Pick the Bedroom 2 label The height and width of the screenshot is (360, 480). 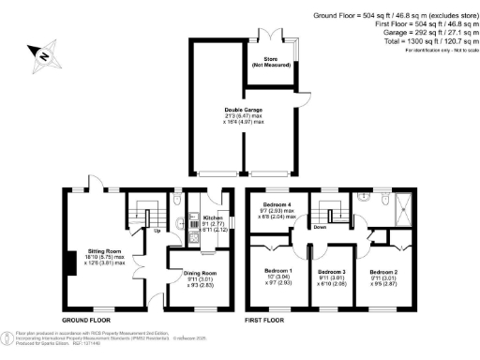(383, 273)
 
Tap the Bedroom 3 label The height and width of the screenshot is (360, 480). (332, 273)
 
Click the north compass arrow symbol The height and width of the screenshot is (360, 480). (40, 57)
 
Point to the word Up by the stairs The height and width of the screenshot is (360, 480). (157, 229)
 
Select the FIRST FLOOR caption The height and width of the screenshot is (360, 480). (265, 321)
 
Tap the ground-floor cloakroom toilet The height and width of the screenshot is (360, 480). (178, 199)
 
